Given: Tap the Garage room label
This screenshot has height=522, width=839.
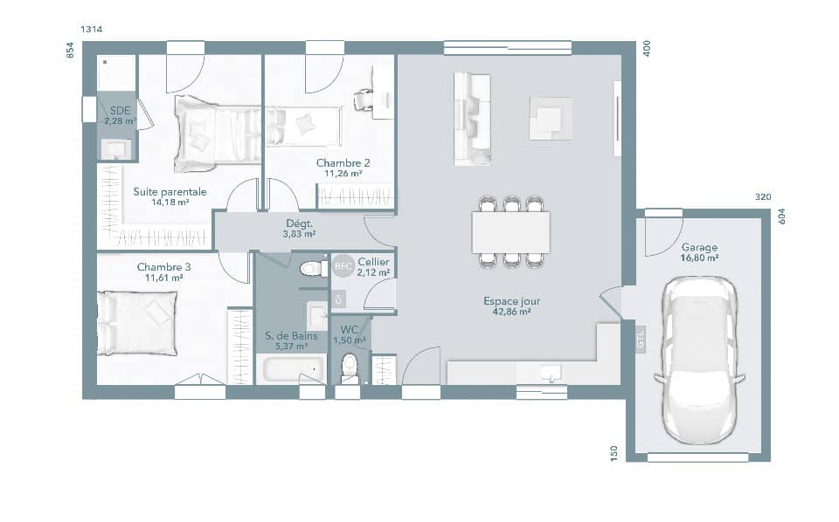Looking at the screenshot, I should tap(699, 247).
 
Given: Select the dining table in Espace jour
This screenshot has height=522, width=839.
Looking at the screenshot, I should tap(511, 232).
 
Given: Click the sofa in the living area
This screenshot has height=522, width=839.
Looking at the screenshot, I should tap(472, 118).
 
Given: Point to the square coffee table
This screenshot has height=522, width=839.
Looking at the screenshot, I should tap(551, 118).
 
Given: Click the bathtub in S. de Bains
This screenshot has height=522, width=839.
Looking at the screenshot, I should tap(290, 369).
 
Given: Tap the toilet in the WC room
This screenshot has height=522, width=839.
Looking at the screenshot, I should tap(350, 367).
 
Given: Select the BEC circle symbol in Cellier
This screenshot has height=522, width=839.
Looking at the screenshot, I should tap(343, 266).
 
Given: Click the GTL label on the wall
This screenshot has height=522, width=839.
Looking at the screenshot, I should tap(641, 339).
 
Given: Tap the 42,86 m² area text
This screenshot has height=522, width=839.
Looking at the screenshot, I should tap(511, 312).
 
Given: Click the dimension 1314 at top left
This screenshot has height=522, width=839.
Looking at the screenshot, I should tap(92, 30).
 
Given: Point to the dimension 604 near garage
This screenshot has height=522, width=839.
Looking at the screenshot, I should tap(782, 216).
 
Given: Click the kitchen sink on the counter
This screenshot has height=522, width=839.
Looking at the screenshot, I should tap(550, 374).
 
